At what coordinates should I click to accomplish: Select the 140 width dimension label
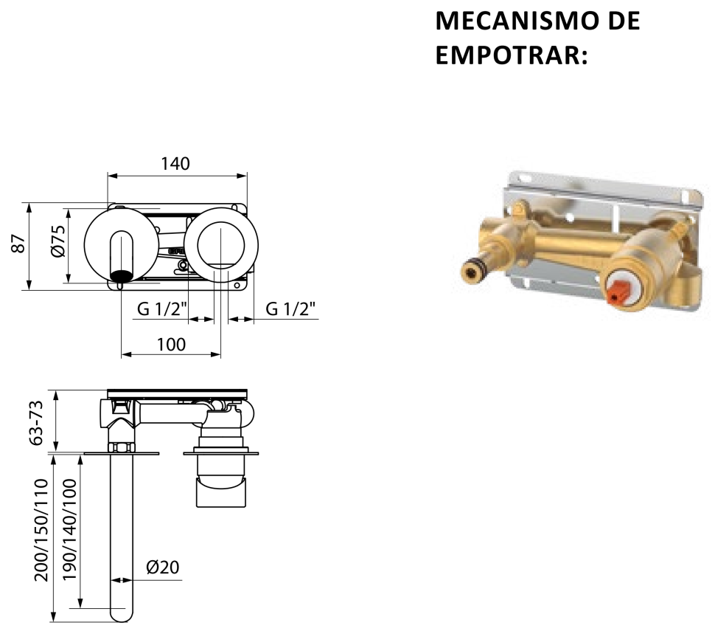(175, 163)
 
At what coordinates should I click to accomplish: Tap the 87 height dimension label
(18, 244)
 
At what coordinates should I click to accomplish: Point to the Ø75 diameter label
(58, 241)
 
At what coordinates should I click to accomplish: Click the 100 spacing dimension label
(171, 344)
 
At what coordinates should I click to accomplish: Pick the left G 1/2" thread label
(162, 309)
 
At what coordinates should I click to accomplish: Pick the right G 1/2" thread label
(290, 309)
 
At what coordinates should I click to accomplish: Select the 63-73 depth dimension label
(35, 422)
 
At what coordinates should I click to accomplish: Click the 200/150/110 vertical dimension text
(41, 530)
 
